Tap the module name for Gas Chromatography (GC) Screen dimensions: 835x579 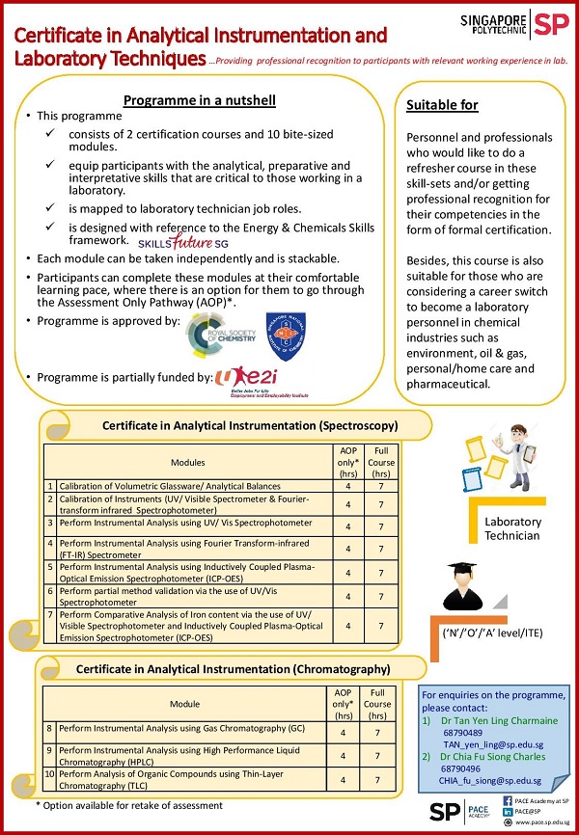point(181,728)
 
